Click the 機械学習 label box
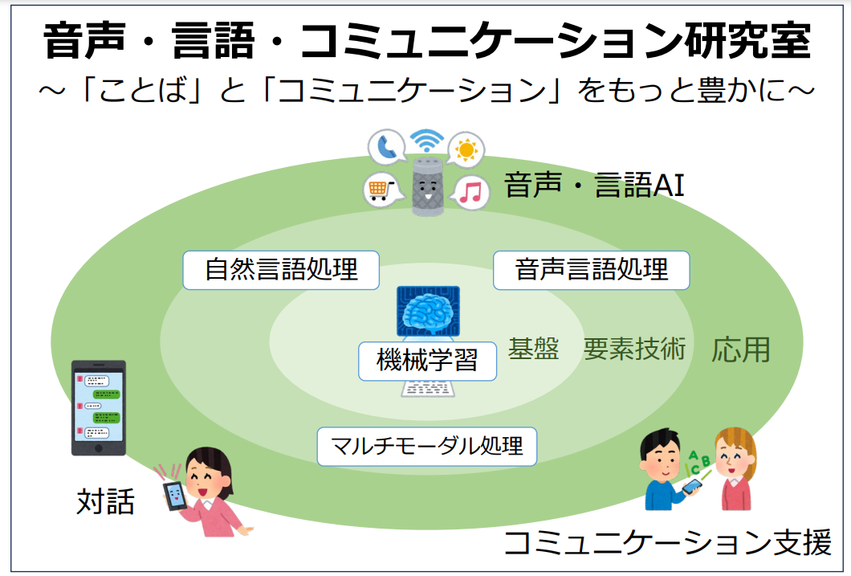(x=427, y=361)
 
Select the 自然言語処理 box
(x=281, y=269)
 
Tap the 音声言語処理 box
(x=591, y=270)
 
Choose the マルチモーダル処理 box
(x=426, y=446)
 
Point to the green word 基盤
(x=533, y=349)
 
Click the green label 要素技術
(x=634, y=349)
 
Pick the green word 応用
(x=740, y=349)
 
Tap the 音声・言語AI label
(x=594, y=186)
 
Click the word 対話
(x=105, y=501)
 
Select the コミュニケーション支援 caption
(x=666, y=544)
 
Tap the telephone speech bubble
(x=387, y=148)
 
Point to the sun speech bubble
(x=466, y=149)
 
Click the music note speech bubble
(x=470, y=192)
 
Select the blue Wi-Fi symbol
(x=426, y=141)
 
